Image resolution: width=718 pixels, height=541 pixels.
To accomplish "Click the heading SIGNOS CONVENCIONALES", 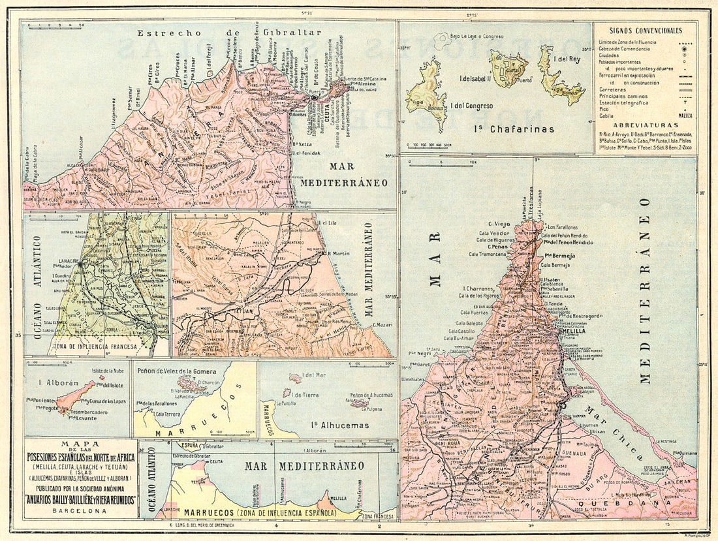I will point(645,31).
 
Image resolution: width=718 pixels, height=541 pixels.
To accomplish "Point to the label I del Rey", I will point(567,58).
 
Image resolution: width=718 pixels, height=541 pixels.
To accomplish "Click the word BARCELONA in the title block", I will point(80,511).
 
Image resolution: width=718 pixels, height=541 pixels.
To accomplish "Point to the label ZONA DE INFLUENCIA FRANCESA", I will point(100,347).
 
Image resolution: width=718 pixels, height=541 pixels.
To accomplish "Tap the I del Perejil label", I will point(209,61).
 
